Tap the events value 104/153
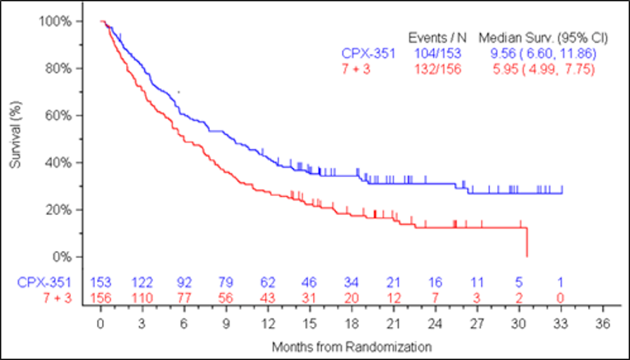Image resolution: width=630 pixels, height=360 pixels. [438, 54]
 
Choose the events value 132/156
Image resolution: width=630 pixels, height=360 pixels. [438, 69]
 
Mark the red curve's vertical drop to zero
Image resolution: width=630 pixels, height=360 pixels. [526, 242]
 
